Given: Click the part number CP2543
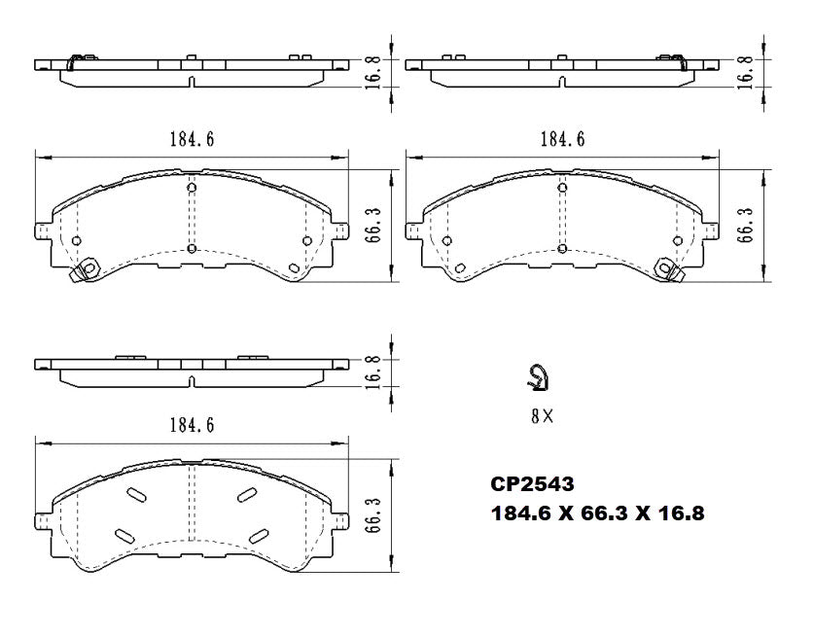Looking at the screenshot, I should click(532, 483).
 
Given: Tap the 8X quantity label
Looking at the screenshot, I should click(542, 416).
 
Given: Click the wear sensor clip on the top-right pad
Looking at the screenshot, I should click(668, 266).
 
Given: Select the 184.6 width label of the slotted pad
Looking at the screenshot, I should click(192, 425).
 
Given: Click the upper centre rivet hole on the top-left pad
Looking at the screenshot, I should click(191, 188).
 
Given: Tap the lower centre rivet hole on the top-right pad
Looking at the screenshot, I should click(561, 249).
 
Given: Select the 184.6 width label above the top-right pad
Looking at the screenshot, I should click(562, 139).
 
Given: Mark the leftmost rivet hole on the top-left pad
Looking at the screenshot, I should click(76, 241).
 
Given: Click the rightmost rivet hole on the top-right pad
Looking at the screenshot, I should click(677, 241).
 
